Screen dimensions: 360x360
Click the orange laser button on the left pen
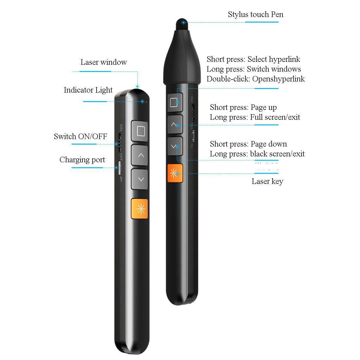(139, 209)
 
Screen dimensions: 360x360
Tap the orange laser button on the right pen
(175, 173)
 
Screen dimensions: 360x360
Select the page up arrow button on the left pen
(140, 155)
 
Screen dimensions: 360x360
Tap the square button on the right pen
(175, 102)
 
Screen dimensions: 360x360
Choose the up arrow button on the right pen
(175, 124)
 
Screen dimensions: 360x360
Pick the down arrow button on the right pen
(175, 146)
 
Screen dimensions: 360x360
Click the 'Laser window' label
(103, 62)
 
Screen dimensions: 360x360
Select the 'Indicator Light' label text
(88, 90)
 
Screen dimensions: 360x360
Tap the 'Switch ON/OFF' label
(81, 136)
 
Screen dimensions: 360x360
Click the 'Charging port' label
(82, 160)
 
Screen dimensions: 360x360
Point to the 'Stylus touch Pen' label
(255, 14)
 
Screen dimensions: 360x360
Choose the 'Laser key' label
(267, 181)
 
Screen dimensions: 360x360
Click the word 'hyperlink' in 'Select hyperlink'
(284, 59)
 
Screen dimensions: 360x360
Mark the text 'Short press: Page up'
(243, 107)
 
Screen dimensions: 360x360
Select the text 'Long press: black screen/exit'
(257, 154)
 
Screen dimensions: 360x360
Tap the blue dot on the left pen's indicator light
(142, 101)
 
